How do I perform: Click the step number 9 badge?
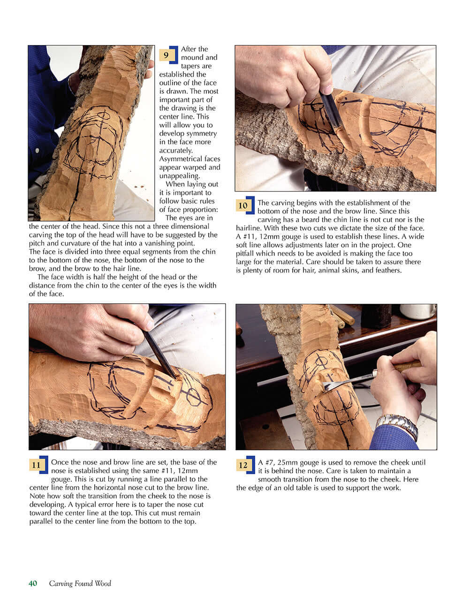click(x=166, y=55)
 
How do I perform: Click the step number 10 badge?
click(x=243, y=206)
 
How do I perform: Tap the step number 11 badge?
click(x=37, y=465)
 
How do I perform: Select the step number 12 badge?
click(x=243, y=465)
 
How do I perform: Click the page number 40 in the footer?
click(x=33, y=584)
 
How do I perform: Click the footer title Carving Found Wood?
click(x=80, y=584)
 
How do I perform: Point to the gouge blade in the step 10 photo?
click(x=331, y=113)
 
